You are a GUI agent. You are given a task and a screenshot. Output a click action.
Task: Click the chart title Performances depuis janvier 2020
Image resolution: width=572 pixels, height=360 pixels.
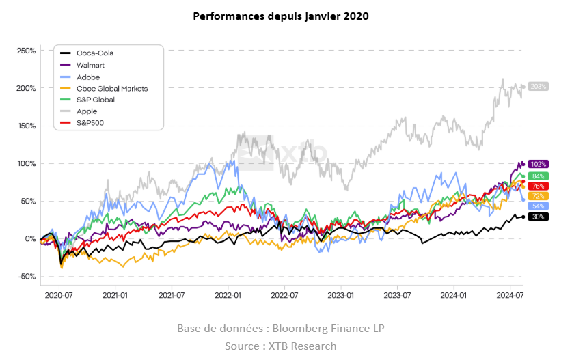pyautogui.click(x=281, y=16)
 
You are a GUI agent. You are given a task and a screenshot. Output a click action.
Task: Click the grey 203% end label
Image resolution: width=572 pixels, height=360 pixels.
pyautogui.click(x=539, y=87)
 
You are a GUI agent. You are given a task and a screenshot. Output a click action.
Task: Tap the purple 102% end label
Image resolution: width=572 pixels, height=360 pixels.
pyautogui.click(x=539, y=164)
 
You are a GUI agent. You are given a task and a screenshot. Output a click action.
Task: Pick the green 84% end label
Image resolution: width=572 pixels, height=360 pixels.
pyautogui.click(x=539, y=176)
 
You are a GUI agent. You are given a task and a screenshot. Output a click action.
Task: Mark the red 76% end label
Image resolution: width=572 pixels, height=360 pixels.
pyautogui.click(x=539, y=186)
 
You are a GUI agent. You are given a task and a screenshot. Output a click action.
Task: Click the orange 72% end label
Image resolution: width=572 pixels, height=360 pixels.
pyautogui.click(x=539, y=197)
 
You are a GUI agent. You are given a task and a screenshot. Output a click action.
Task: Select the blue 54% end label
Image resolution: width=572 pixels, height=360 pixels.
pyautogui.click(x=539, y=206)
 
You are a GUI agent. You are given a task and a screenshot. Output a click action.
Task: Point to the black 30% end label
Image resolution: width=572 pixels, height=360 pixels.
pyautogui.click(x=539, y=217)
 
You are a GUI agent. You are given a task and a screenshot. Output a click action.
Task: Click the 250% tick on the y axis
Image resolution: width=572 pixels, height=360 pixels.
pyautogui.click(x=25, y=51)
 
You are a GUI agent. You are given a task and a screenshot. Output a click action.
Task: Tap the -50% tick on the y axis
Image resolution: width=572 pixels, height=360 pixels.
pyautogui.click(x=25, y=277)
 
